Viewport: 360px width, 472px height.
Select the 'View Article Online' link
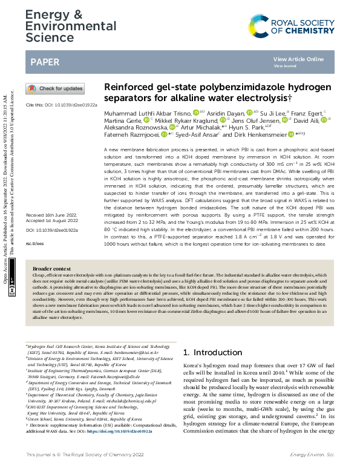[x=298, y=59]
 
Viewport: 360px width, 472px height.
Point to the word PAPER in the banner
[x=45, y=62]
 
